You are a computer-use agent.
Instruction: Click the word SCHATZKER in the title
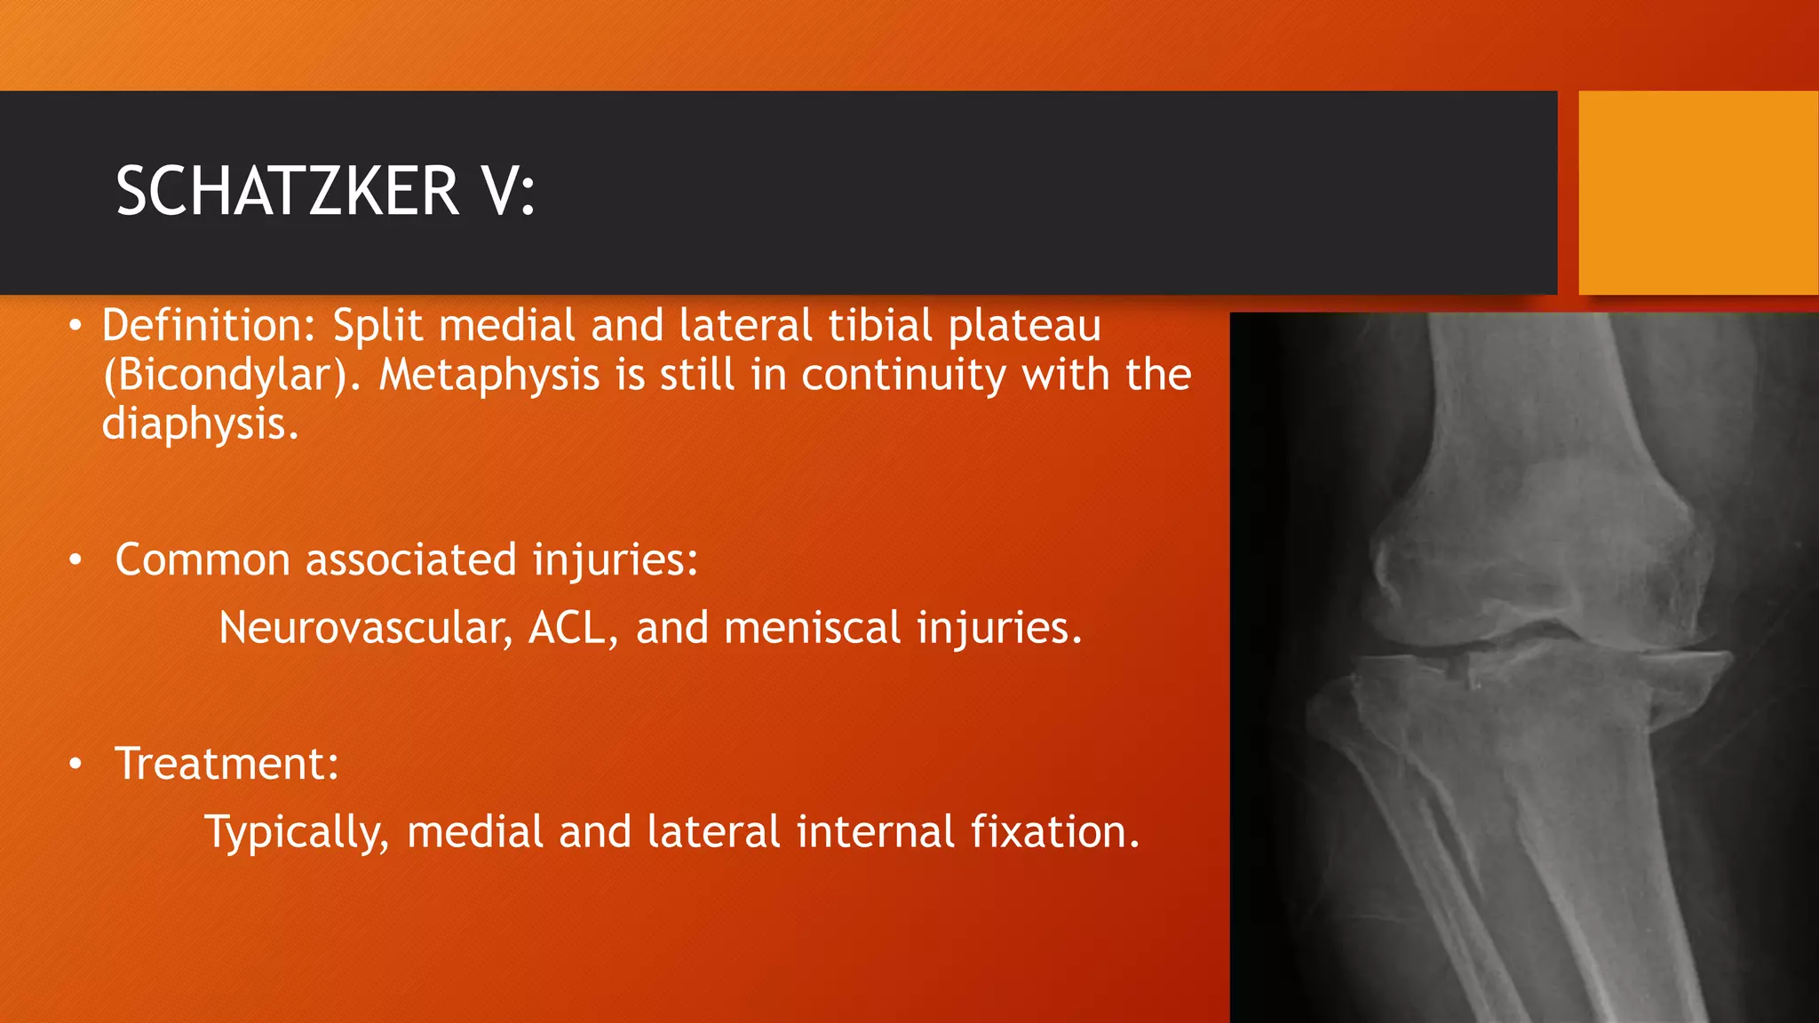pos(287,192)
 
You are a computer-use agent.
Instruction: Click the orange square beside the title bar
pos(1698,193)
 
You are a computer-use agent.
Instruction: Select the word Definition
pos(208,325)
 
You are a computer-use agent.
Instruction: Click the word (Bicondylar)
pos(232,375)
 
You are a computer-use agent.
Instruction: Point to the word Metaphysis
pos(489,375)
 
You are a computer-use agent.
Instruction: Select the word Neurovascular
pos(365,628)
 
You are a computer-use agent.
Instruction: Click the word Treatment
pos(226,764)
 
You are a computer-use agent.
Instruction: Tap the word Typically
pos(297,833)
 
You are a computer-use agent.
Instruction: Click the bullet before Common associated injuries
pos(76,560)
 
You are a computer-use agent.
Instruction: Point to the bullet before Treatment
pos(76,764)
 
